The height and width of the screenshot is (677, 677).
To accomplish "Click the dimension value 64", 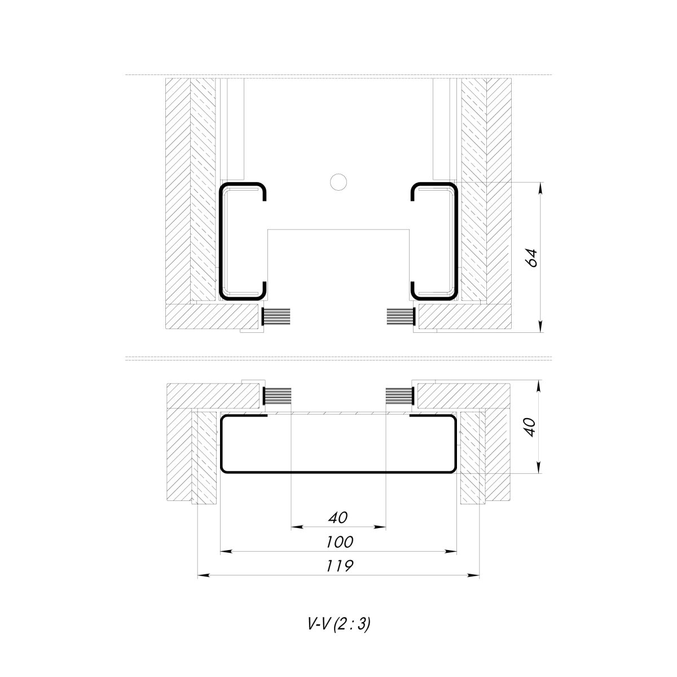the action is (532, 258).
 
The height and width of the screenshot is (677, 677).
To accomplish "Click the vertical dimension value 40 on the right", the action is (530, 427).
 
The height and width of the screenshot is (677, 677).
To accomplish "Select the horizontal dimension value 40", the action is (338, 517).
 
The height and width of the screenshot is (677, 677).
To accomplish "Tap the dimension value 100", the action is (340, 542).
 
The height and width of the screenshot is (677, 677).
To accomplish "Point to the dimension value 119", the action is (340, 566).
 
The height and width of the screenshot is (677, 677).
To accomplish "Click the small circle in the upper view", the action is (338, 182).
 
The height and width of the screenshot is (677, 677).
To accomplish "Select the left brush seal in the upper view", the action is (276, 316).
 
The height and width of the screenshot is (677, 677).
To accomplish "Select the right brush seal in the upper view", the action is (401, 316).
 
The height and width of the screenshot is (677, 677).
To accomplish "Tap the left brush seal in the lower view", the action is (277, 396).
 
